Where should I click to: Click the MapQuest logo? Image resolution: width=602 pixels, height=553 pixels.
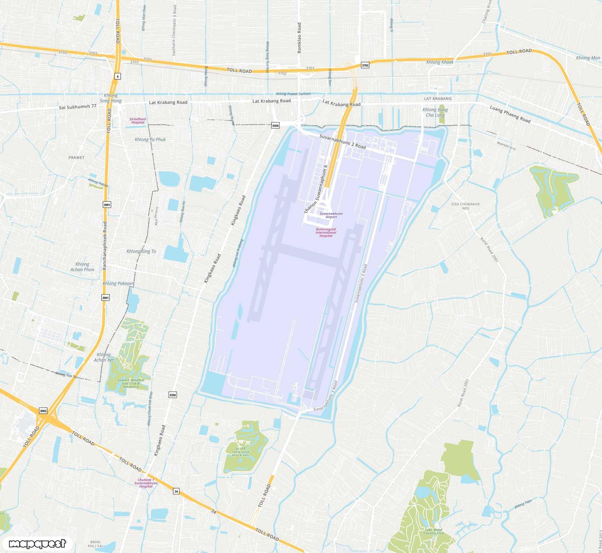[x=37, y=543]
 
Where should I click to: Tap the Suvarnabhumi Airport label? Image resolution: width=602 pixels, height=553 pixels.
[x=331, y=215]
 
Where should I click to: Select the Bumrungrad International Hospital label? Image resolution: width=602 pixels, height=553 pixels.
[x=326, y=233]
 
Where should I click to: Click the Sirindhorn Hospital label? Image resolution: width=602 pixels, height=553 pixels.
[x=138, y=121]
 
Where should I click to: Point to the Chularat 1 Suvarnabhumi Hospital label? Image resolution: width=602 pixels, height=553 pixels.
[x=146, y=483]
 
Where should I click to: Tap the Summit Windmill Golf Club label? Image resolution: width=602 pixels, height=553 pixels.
[x=131, y=383]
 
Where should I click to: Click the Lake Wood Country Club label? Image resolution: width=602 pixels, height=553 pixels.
[x=433, y=531]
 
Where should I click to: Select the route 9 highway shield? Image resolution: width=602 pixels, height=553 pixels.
[x=118, y=76]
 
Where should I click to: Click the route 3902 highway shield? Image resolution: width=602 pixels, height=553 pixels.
[x=43, y=411]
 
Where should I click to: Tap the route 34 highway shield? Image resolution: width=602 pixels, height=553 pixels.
[x=176, y=491]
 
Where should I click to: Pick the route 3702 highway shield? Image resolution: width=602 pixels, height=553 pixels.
[x=365, y=65]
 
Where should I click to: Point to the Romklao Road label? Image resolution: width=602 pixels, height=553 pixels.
[x=299, y=38]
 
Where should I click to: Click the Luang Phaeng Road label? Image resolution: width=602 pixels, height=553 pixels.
[x=510, y=114]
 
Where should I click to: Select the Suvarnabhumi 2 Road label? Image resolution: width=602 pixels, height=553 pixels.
[x=342, y=141]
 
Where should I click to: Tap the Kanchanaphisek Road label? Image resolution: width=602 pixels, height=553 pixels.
[x=104, y=246]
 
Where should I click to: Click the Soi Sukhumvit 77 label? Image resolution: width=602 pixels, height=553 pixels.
[x=78, y=106]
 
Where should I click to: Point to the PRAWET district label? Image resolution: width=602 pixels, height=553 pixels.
[x=76, y=157]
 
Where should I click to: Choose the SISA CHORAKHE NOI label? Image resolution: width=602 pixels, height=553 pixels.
[x=465, y=206]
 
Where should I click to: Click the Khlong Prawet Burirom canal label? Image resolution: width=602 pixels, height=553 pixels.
[x=293, y=94]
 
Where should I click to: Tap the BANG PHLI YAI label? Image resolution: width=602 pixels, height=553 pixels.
[x=95, y=544]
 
